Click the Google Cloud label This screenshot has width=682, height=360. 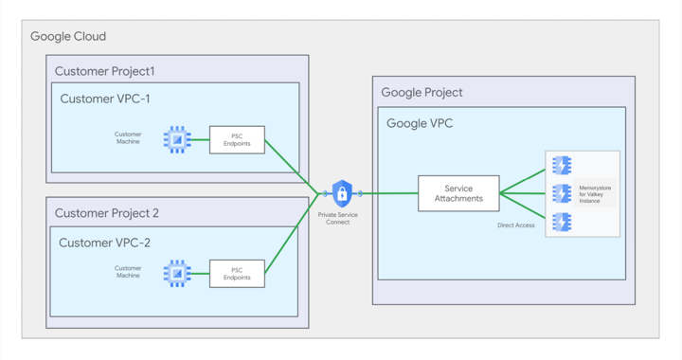[x=68, y=37]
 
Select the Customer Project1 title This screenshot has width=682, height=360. [x=104, y=71]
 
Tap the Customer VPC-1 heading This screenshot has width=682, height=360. [x=105, y=99]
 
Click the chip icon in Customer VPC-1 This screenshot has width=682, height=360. [x=177, y=139]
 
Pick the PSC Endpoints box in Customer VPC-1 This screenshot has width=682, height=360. [x=237, y=139]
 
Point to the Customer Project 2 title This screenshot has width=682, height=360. [x=107, y=213]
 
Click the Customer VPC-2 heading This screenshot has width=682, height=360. [x=104, y=243]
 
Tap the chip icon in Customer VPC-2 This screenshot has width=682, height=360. [x=177, y=273]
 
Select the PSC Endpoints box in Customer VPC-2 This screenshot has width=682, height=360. [x=237, y=273]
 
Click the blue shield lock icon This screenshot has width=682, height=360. [x=342, y=193]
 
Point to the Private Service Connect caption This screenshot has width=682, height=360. [x=338, y=219]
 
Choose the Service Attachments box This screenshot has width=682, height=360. [x=458, y=193]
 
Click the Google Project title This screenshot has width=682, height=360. [x=422, y=93]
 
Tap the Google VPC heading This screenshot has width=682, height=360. [x=420, y=123]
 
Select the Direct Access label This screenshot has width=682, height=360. [x=516, y=225]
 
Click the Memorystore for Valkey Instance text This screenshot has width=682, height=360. [x=595, y=194]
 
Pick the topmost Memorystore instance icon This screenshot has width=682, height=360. [x=562, y=166]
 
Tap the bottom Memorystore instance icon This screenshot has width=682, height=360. [x=562, y=222]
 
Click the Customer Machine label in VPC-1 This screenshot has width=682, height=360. [x=128, y=138]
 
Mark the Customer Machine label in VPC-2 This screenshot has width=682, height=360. [x=128, y=272]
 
